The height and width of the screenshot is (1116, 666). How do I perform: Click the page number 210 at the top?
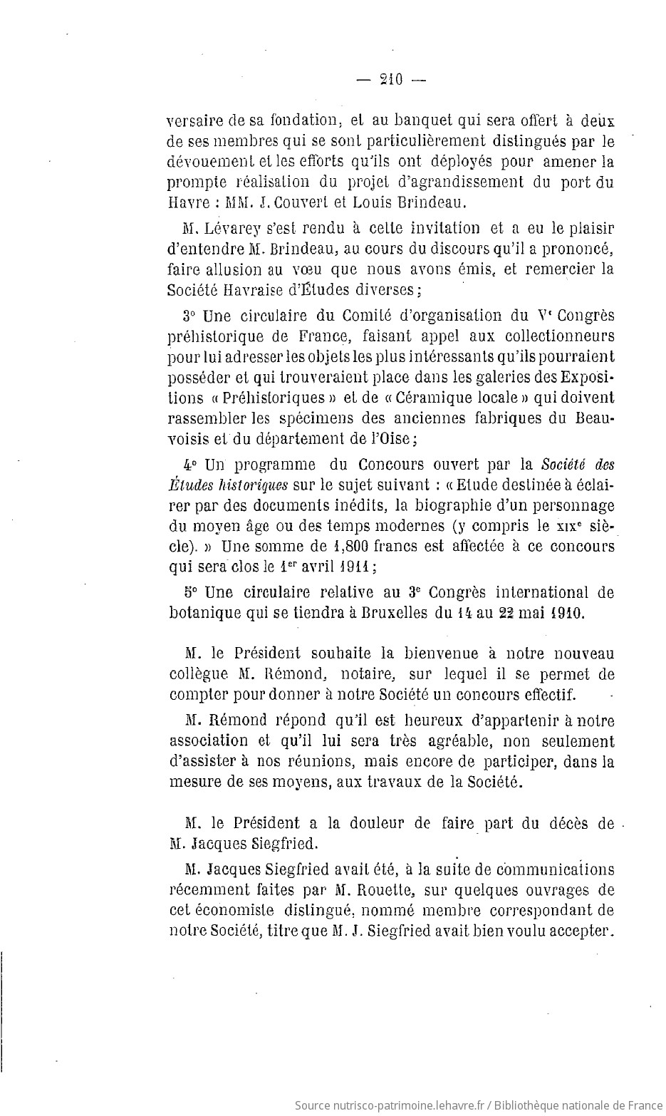coord(392,80)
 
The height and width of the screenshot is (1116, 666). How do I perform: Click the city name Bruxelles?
coord(389,613)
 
